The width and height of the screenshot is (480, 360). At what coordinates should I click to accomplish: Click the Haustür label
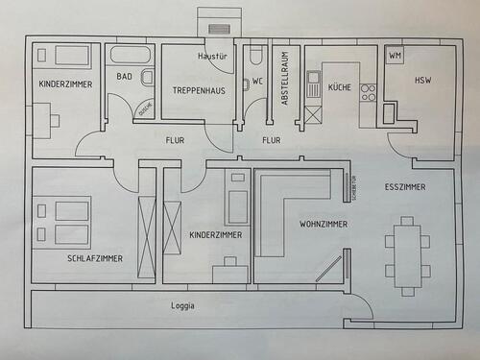(x=211, y=57)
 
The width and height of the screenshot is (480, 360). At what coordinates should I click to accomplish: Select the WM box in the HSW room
(x=396, y=56)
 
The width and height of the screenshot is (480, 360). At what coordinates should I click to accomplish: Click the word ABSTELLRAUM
(x=282, y=83)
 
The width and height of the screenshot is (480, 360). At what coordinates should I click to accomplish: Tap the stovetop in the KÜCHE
(x=368, y=92)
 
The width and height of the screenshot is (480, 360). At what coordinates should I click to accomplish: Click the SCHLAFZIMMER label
(x=94, y=258)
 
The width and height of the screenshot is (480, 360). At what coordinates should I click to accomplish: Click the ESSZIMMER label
(x=404, y=185)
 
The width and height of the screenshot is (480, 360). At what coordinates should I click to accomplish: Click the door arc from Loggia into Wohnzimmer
(x=360, y=307)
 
